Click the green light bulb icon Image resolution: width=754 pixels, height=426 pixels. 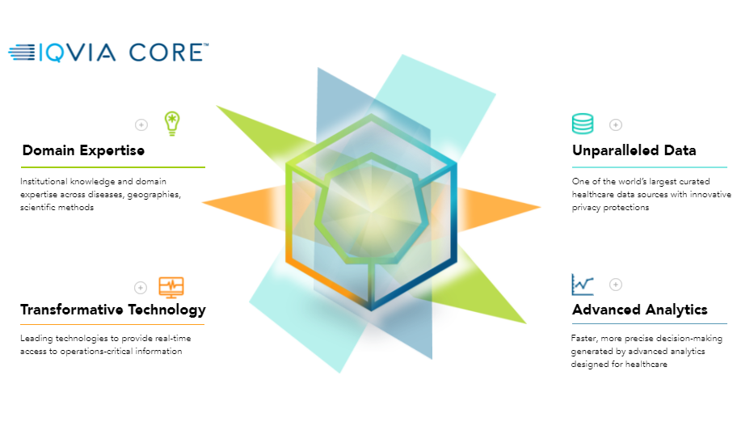(x=171, y=124)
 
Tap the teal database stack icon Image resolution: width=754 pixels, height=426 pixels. (x=583, y=124)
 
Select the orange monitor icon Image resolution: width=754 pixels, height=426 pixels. (x=171, y=287)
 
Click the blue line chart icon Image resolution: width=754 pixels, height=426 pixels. (x=583, y=285)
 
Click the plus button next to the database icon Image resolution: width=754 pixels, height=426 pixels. (x=616, y=125)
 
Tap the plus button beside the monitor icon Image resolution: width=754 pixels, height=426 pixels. (x=141, y=288)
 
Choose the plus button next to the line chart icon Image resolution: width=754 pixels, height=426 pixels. (x=616, y=285)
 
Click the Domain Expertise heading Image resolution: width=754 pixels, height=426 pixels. (x=83, y=150)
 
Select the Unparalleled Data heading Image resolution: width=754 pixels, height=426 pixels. (x=634, y=150)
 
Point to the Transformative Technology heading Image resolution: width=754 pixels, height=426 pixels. (x=113, y=310)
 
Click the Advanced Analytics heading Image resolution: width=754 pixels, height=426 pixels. (x=639, y=310)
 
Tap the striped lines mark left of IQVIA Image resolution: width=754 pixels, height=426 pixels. (x=22, y=53)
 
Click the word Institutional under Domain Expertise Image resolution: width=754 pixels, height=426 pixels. (x=44, y=181)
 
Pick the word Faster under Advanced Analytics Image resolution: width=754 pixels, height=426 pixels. (x=583, y=339)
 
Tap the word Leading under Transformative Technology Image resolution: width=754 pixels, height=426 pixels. (x=36, y=339)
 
